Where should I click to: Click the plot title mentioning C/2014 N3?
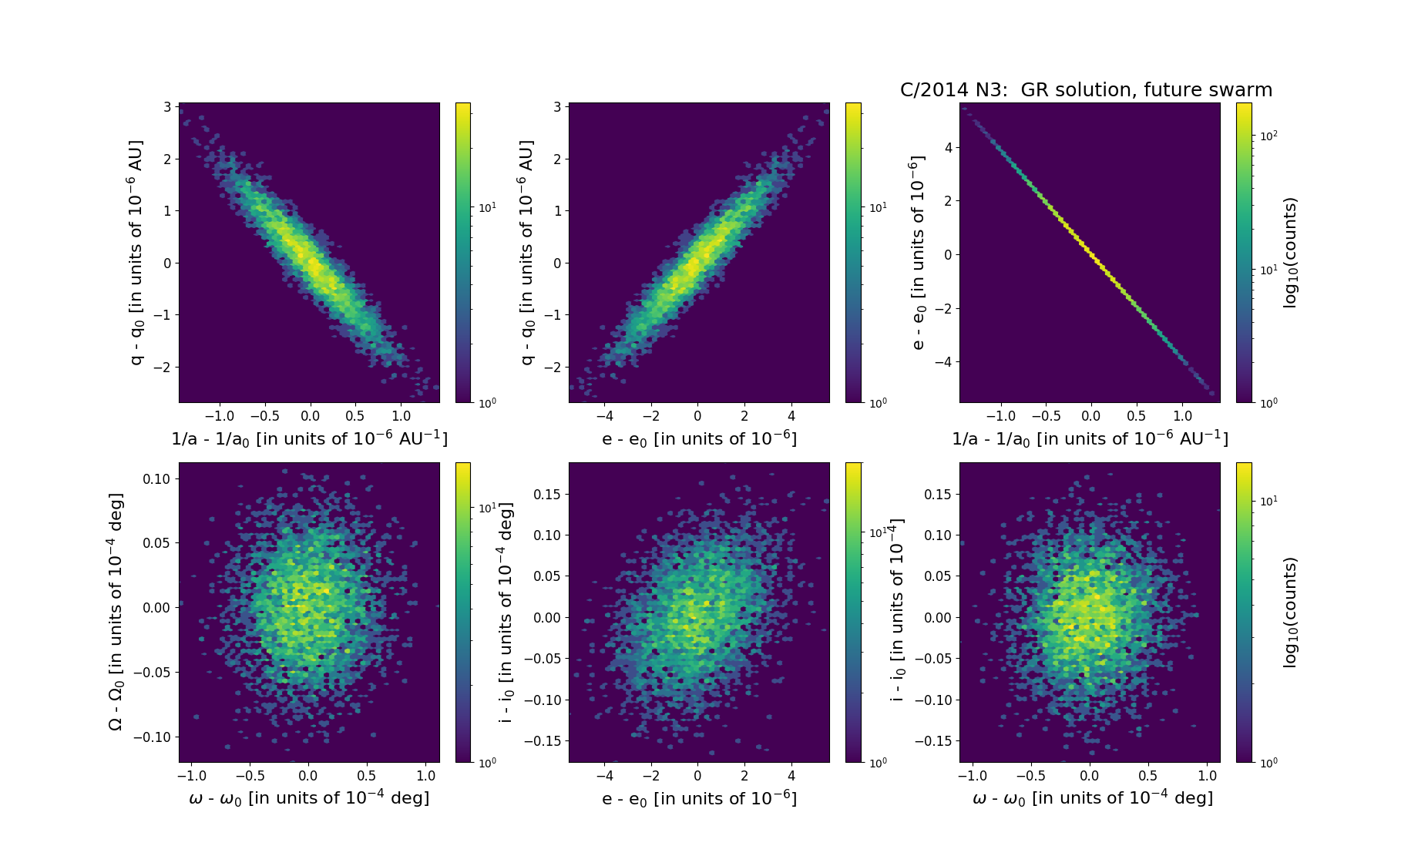coord(1086,90)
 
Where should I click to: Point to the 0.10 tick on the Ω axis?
coord(157,478)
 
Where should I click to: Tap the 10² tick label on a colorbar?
coord(1268,136)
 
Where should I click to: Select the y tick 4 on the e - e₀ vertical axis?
coord(947,147)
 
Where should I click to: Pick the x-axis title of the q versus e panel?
coord(699,438)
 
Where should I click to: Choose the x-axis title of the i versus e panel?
coord(699,798)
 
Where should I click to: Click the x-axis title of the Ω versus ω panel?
coord(309,798)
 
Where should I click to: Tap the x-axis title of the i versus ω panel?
coord(1092,798)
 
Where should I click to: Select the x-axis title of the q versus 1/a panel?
coord(309,438)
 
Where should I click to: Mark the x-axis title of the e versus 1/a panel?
coord(1090,438)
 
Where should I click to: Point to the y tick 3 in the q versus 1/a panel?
coord(167,107)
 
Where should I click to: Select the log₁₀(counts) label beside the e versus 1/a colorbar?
coord(1290,253)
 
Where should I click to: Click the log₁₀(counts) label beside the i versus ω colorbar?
coord(1290,612)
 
